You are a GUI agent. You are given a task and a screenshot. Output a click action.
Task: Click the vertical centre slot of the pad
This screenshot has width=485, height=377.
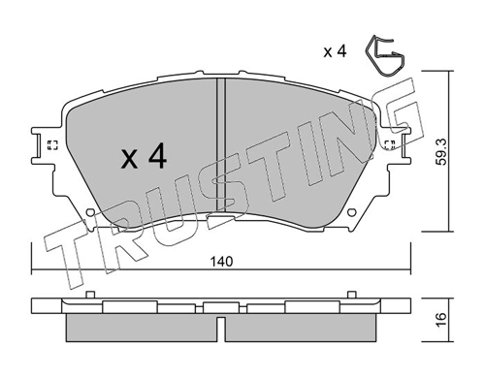tap(220, 145)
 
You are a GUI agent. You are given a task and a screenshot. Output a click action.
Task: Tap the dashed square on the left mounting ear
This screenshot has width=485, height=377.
tap(51, 146)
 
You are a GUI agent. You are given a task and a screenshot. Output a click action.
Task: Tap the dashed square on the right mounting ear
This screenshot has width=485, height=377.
tap(390, 146)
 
